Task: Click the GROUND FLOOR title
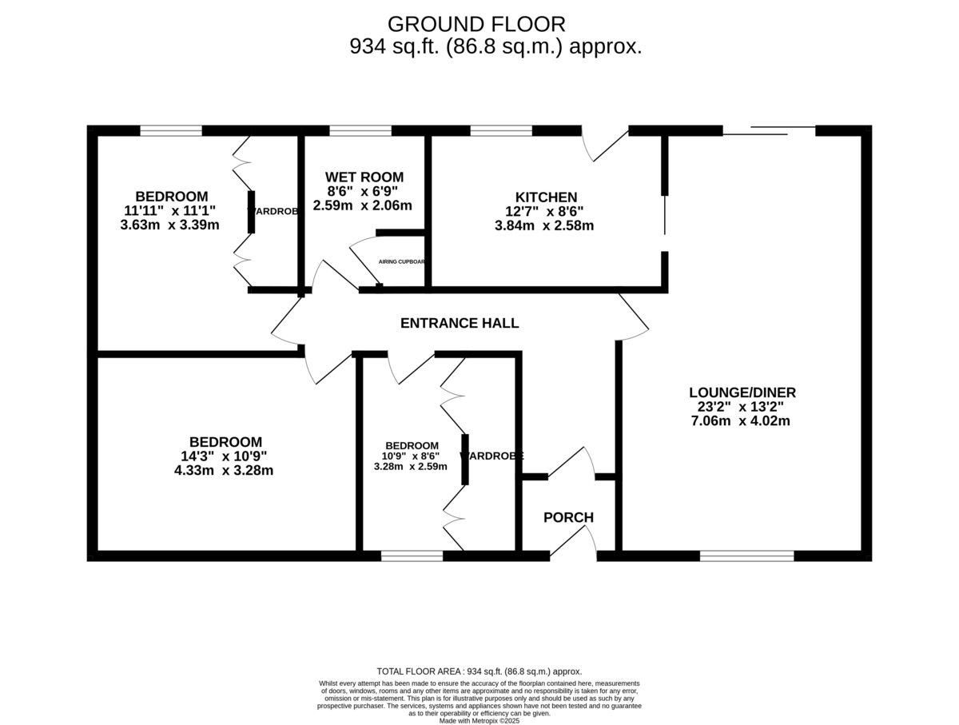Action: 476,24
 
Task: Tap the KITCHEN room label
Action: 546,197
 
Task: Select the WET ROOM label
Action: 364,177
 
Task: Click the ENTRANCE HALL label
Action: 460,323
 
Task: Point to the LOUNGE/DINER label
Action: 742,392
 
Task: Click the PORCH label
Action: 568,517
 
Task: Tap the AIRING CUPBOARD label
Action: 401,261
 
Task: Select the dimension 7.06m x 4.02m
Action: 740,420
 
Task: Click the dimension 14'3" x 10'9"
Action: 224,456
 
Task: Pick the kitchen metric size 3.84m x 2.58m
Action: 544,226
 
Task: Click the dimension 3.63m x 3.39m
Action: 169,225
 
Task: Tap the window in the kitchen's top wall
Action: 501,130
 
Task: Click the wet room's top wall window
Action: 360,130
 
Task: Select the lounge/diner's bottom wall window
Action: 747,556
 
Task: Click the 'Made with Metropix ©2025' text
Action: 479,720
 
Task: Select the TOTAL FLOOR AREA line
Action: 479,671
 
